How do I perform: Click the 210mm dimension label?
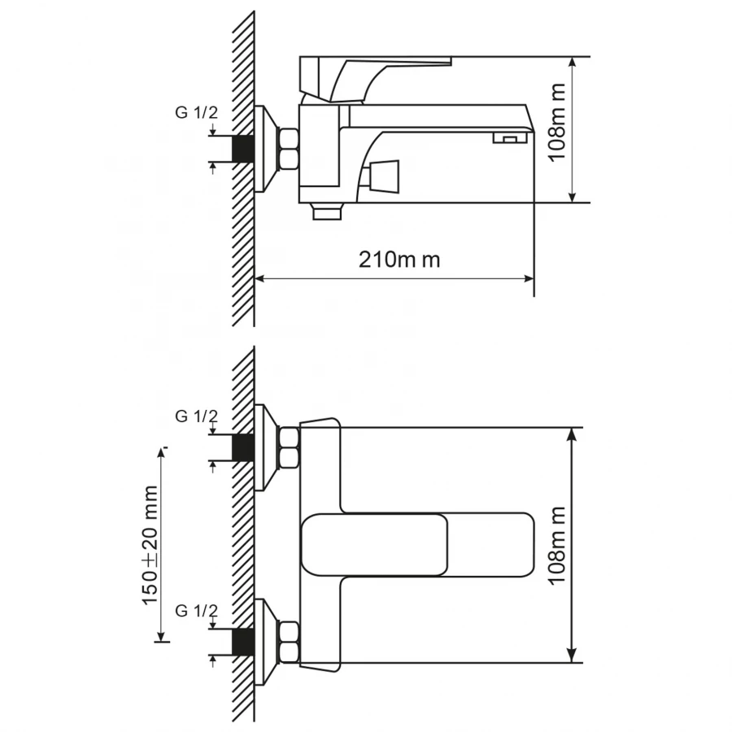(399, 259)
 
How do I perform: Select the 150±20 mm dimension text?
(151, 545)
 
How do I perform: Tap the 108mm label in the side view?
(557, 130)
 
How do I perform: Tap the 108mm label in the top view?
(558, 545)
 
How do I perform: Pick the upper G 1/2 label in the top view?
(197, 416)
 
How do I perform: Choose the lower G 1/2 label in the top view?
(197, 611)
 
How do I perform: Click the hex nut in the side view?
(290, 149)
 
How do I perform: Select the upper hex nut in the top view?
(290, 447)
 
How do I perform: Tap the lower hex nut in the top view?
(290, 642)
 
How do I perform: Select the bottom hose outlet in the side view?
(329, 213)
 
